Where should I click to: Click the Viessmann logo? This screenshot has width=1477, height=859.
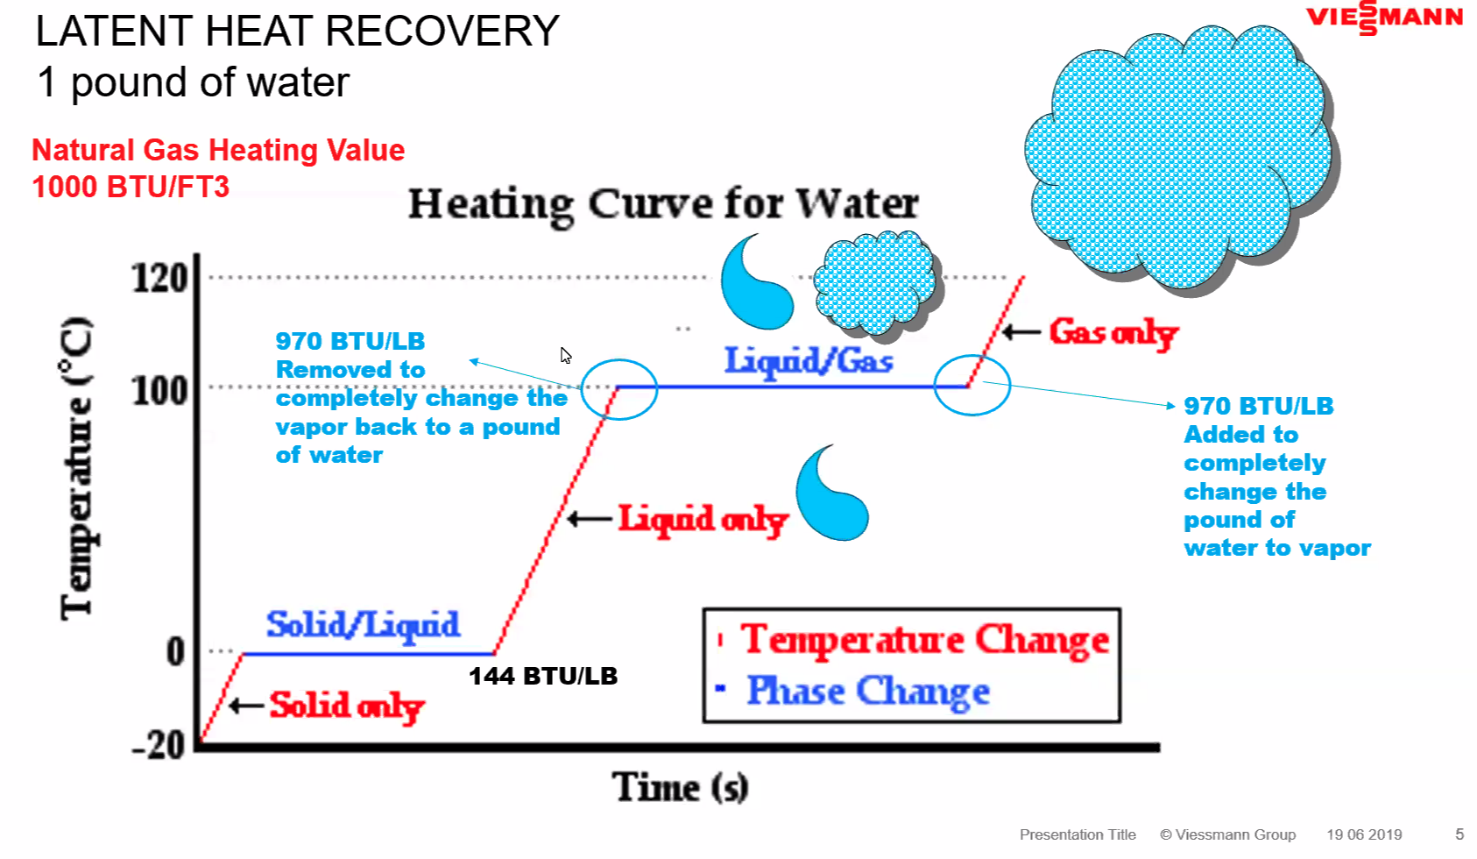(x=1384, y=18)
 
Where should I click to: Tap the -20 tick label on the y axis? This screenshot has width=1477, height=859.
(x=159, y=746)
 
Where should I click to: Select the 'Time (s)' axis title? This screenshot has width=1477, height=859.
(x=681, y=787)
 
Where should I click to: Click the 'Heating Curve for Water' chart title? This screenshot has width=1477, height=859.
(x=663, y=204)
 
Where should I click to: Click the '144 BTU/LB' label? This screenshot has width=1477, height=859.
(x=543, y=677)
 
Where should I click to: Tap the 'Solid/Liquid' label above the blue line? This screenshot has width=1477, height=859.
(x=363, y=625)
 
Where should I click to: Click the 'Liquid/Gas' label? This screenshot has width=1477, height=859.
(x=809, y=361)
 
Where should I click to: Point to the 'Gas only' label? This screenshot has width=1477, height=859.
(x=1113, y=332)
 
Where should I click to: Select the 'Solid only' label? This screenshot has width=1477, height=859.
(x=347, y=706)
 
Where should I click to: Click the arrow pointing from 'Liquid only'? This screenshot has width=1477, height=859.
(x=590, y=519)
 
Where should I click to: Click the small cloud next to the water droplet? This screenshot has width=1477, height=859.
(x=876, y=284)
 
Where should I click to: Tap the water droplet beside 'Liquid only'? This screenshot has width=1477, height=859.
(x=832, y=495)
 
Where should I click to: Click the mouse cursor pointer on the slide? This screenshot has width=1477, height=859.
(x=565, y=355)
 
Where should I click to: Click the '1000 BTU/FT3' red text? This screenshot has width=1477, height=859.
(x=131, y=187)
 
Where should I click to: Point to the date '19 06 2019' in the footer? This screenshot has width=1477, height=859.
(x=1364, y=834)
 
